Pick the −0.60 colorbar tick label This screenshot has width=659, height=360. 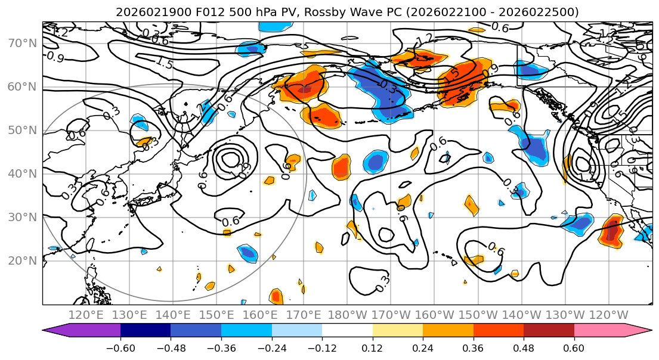120,347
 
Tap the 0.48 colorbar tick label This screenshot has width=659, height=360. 523,347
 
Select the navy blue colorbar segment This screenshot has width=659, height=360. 146,331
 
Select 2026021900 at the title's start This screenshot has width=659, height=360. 145,12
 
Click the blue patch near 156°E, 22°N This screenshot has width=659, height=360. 247,253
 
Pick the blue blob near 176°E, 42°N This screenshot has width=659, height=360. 376,162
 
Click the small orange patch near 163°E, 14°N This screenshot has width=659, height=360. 276,296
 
